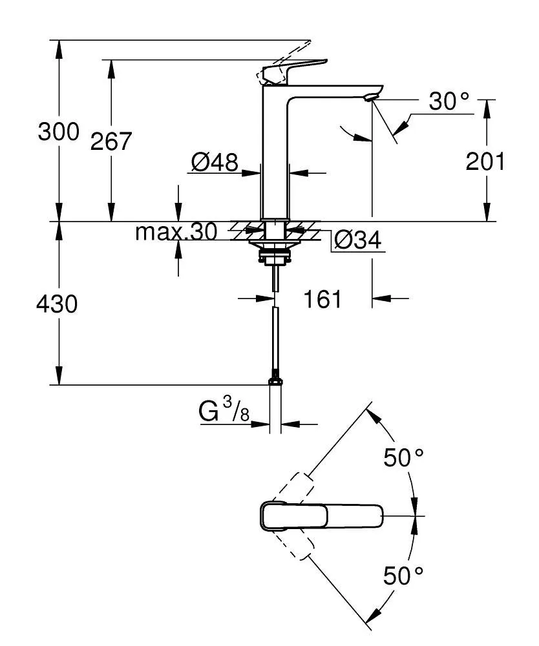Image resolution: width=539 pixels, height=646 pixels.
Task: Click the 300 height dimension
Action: click(58, 132)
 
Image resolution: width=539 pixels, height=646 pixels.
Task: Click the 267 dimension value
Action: click(111, 141)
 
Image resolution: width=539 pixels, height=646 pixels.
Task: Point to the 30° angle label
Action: click(449, 101)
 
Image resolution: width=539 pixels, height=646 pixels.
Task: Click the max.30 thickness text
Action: click(176, 232)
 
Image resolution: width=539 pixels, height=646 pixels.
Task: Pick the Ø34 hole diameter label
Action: click(357, 241)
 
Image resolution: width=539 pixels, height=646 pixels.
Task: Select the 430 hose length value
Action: click(58, 303)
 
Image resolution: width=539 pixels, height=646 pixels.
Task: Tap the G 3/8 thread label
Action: click(224, 412)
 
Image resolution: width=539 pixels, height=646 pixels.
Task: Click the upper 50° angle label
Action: click(404, 458)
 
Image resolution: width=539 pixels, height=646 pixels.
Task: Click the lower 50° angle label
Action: click(404, 575)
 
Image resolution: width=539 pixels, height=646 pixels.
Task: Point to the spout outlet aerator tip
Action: click(369, 98)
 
